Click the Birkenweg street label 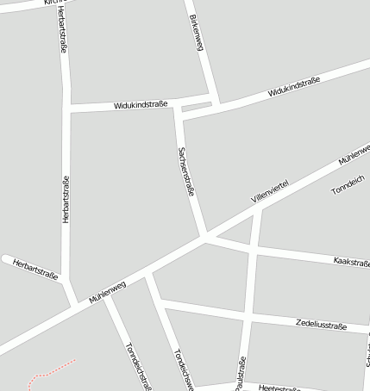(195, 33)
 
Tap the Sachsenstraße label (185, 171)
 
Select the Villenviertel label (269, 191)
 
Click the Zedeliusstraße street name (320, 326)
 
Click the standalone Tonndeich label (349, 188)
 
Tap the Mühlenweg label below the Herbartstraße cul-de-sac (107, 292)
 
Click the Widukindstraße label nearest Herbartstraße (141, 105)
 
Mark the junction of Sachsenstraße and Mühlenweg (204, 235)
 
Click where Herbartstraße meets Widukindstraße (66, 108)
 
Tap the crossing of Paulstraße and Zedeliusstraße (248, 318)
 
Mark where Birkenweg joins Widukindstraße (216, 97)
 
